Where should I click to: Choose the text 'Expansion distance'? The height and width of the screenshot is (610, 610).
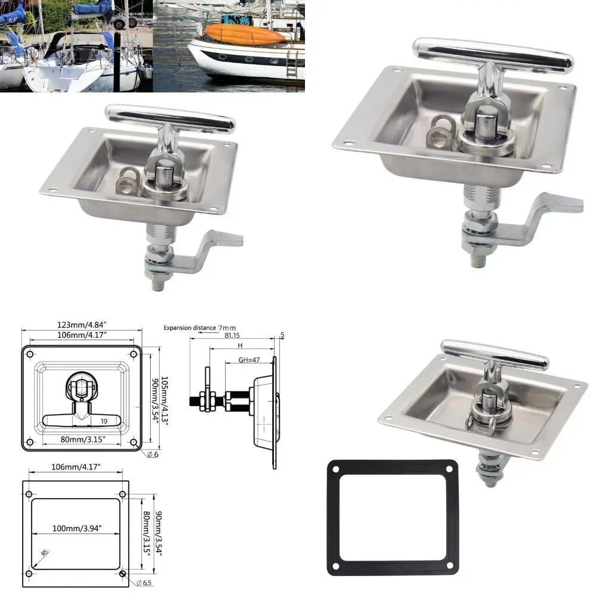pos(189,328)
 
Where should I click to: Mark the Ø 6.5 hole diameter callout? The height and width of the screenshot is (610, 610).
pos(144,582)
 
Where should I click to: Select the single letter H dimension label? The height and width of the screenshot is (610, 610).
pos(240,345)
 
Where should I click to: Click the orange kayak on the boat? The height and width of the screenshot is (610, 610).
pos(245,34)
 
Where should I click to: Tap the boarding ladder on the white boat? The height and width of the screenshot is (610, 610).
pos(292,63)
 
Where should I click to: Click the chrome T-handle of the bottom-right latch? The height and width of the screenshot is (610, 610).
pos(494,354)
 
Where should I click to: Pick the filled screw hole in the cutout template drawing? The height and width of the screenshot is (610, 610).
pos(122,574)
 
